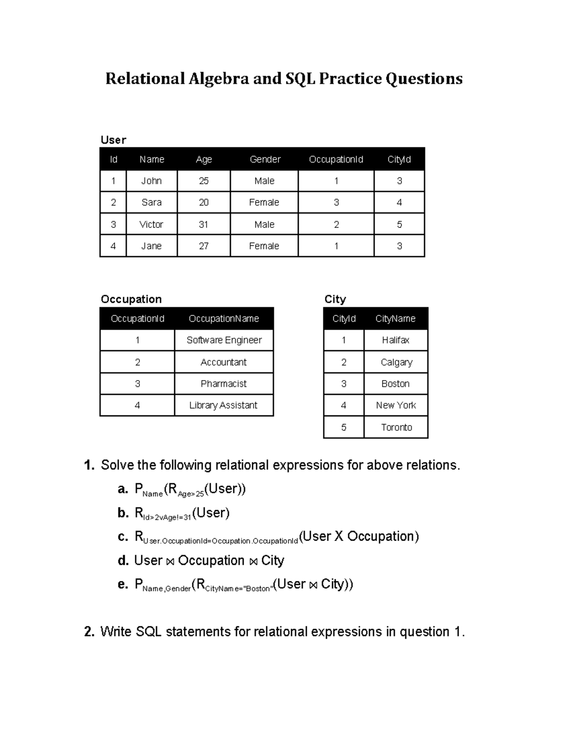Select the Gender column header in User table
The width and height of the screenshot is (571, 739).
click(x=265, y=159)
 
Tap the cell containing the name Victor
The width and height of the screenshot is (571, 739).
click(x=151, y=224)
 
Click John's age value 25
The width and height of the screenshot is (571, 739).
click(x=204, y=181)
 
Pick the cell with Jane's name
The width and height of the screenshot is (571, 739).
click(x=151, y=246)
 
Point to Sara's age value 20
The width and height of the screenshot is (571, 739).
click(x=204, y=202)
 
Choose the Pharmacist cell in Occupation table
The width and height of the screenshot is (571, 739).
click(x=224, y=384)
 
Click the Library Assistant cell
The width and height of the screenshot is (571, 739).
click(x=223, y=405)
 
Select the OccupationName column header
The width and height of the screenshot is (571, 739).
click(x=224, y=319)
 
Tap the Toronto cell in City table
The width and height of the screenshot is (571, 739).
click(x=396, y=427)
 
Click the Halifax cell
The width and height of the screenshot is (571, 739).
click(x=395, y=340)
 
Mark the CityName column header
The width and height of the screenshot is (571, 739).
click(x=395, y=319)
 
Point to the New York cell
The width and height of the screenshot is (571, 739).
click(x=395, y=405)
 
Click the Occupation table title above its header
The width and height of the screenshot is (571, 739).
click(x=131, y=299)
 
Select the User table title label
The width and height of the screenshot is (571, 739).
click(x=113, y=140)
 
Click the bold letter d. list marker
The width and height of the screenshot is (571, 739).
click(x=123, y=561)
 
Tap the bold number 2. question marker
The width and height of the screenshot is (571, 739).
click(x=89, y=632)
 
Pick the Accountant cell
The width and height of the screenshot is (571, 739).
click(x=224, y=362)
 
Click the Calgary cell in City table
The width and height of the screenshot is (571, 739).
click(x=396, y=362)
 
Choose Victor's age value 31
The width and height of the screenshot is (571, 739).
click(x=204, y=224)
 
